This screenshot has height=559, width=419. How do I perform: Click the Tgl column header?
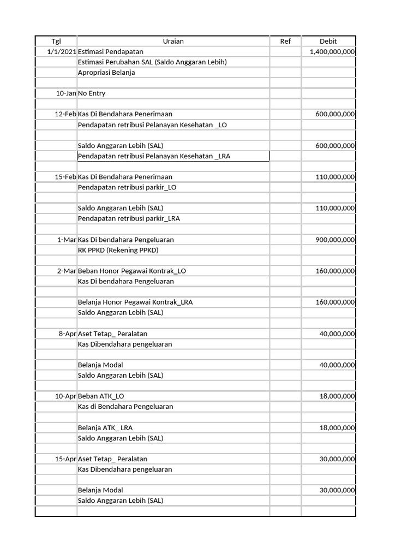(x=56, y=41)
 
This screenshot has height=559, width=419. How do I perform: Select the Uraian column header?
(x=173, y=41)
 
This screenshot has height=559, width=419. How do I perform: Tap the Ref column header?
(x=285, y=41)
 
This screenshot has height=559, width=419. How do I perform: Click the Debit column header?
(x=328, y=41)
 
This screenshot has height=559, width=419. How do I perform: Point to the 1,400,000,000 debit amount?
(x=332, y=51)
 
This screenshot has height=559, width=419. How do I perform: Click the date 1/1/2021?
(x=62, y=51)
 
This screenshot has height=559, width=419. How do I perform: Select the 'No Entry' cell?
(x=92, y=93)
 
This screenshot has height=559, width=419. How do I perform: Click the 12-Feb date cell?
(x=65, y=114)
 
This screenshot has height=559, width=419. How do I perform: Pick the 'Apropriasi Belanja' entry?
(x=106, y=73)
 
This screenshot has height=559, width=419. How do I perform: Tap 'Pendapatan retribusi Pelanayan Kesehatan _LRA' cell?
(x=154, y=157)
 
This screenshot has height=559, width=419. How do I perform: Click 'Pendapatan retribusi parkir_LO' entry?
(x=127, y=187)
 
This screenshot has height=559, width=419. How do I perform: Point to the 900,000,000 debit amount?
(x=335, y=240)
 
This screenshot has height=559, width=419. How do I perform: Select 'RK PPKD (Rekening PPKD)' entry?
(x=118, y=250)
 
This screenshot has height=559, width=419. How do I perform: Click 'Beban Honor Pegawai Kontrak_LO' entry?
(x=132, y=271)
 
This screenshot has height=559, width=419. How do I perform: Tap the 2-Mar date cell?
(x=66, y=271)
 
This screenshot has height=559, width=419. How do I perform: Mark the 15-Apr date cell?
(x=65, y=459)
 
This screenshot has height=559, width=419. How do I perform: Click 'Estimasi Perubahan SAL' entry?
(x=152, y=62)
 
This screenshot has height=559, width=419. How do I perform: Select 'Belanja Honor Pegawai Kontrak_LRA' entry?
(x=135, y=302)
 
